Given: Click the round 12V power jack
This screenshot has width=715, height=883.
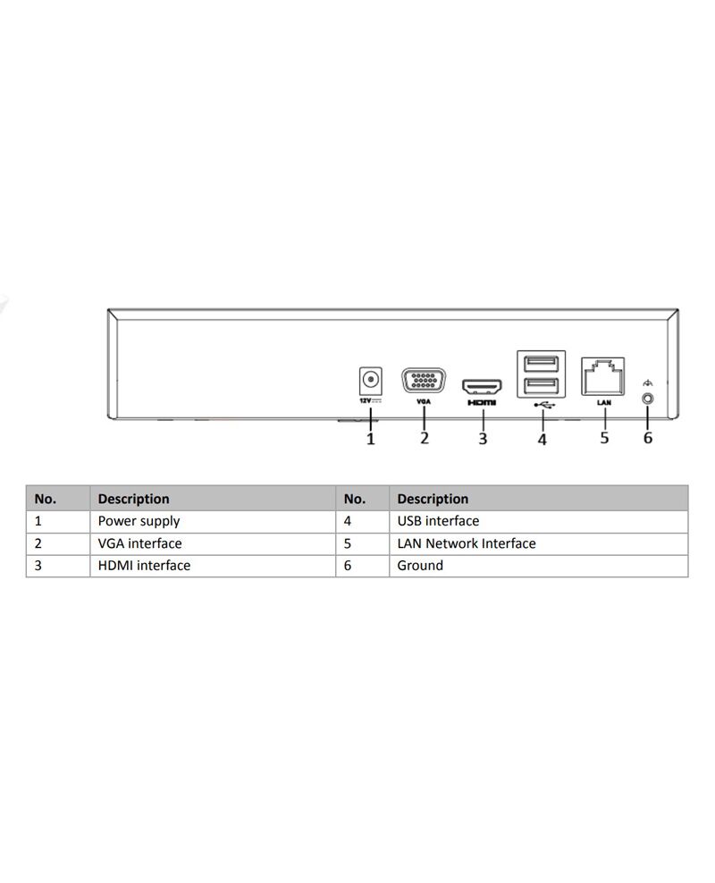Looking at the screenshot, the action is [x=370, y=380].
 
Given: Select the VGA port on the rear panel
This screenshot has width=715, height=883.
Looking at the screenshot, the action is [x=424, y=381].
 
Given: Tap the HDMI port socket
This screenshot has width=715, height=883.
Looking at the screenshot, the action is [x=482, y=388].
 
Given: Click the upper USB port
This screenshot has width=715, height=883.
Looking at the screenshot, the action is [x=541, y=364].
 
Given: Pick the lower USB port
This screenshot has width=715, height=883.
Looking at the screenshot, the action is [x=541, y=386].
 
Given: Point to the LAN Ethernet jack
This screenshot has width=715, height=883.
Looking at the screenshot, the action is [x=603, y=376].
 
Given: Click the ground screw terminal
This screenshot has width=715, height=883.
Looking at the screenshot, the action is [x=648, y=399].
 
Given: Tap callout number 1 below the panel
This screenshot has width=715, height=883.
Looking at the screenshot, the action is [x=370, y=439].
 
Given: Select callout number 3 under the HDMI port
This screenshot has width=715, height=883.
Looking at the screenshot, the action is [x=483, y=439].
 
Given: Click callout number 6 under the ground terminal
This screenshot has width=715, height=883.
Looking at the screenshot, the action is [x=648, y=438].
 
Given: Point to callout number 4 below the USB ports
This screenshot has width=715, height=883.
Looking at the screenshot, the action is [x=543, y=439].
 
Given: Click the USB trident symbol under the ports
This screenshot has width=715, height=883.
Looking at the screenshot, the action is [x=544, y=404].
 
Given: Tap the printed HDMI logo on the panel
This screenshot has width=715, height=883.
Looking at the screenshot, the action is [x=482, y=402].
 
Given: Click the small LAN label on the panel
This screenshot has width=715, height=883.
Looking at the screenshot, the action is [x=604, y=402].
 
